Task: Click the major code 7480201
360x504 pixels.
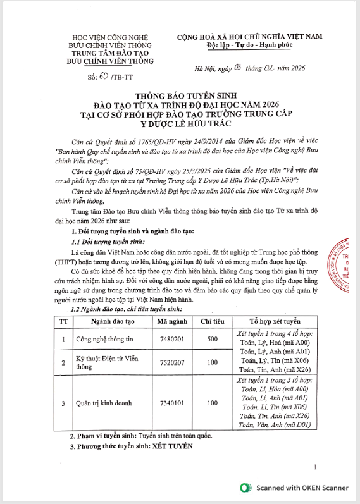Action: pyautogui.click(x=170, y=340)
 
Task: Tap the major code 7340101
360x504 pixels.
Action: pyautogui.click(x=170, y=403)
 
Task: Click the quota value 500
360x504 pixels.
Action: pyautogui.click(x=213, y=340)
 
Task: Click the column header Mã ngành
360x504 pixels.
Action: pyautogui.click(x=170, y=321)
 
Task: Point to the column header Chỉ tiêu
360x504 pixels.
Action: pyautogui.click(x=213, y=321)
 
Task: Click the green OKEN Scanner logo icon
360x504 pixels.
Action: pyautogui.click(x=245, y=488)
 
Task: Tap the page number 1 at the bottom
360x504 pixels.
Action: pyautogui.click(x=314, y=467)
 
